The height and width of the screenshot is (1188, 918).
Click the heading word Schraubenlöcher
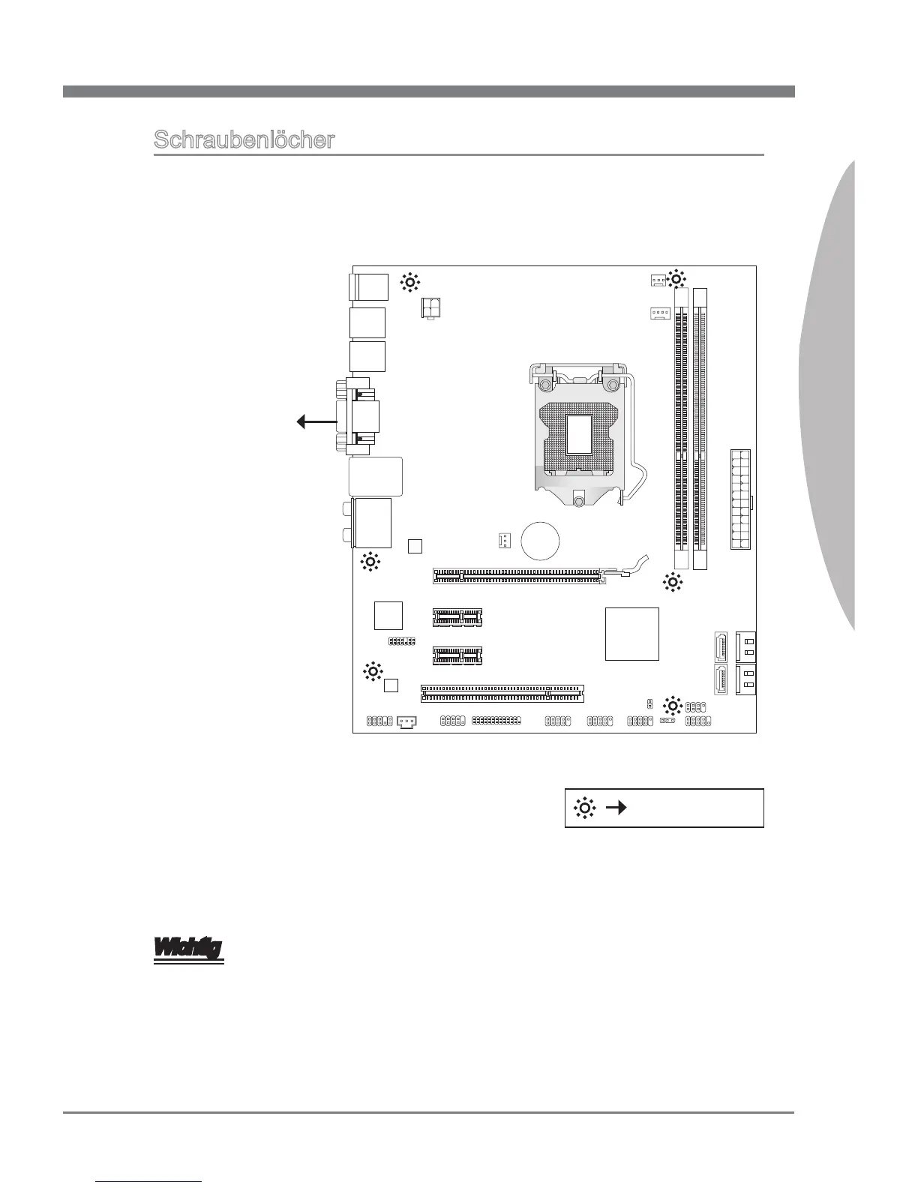[244, 140]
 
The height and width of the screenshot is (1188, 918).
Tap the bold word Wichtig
[188, 949]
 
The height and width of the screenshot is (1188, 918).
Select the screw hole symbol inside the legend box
[584, 808]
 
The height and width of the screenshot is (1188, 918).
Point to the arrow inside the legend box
[616, 808]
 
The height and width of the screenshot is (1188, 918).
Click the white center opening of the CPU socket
[579, 433]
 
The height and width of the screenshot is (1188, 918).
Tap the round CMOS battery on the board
[541, 541]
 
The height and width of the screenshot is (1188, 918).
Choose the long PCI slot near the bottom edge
[502, 693]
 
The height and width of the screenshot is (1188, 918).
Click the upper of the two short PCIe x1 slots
[457, 617]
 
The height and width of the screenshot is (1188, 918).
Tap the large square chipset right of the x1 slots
[631, 634]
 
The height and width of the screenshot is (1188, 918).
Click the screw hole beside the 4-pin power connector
[409, 283]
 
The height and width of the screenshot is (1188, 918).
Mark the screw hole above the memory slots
[676, 279]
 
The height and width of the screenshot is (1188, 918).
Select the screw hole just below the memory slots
[673, 582]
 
